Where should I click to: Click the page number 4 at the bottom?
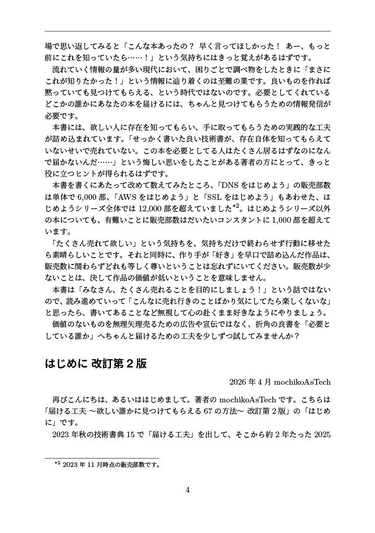(187, 490)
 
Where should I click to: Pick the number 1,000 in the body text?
(285, 220)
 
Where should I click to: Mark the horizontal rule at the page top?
(187, 31)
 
